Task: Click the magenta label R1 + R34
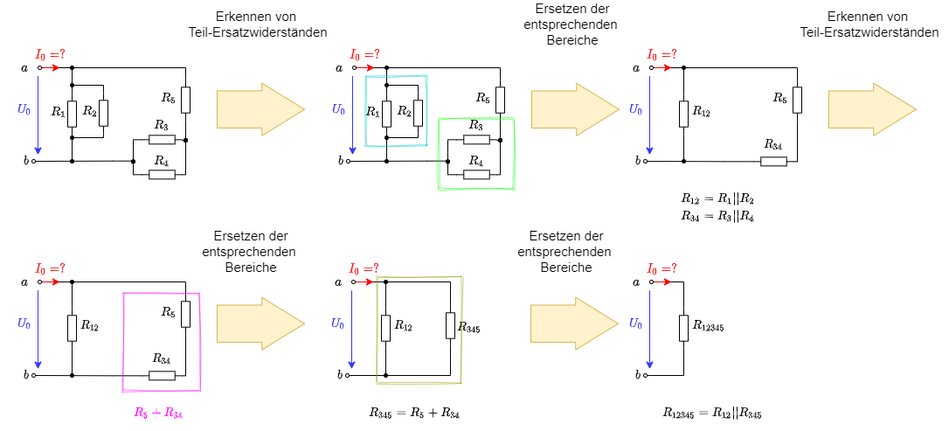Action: coord(158,413)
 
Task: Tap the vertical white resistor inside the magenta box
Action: coord(185,314)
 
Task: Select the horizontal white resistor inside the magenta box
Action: coord(162,375)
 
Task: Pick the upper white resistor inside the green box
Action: coord(476,139)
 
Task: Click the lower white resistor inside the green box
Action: coord(476,174)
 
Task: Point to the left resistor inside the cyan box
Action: coord(386,114)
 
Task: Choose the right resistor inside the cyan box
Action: coord(418,113)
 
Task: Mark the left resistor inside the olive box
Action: coord(385,328)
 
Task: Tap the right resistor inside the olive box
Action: coord(450,325)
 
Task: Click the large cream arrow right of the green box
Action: coord(574,109)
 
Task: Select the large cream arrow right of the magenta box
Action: coord(260,323)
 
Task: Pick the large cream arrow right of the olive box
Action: coord(573,323)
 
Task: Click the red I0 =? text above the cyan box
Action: coord(365,54)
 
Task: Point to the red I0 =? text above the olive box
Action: coord(364,268)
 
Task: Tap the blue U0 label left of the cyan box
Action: coord(338,109)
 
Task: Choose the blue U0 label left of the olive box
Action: coord(337,323)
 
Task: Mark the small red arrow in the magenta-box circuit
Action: coord(51,282)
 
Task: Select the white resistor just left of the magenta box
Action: coord(72,328)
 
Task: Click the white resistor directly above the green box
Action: coord(500,100)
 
